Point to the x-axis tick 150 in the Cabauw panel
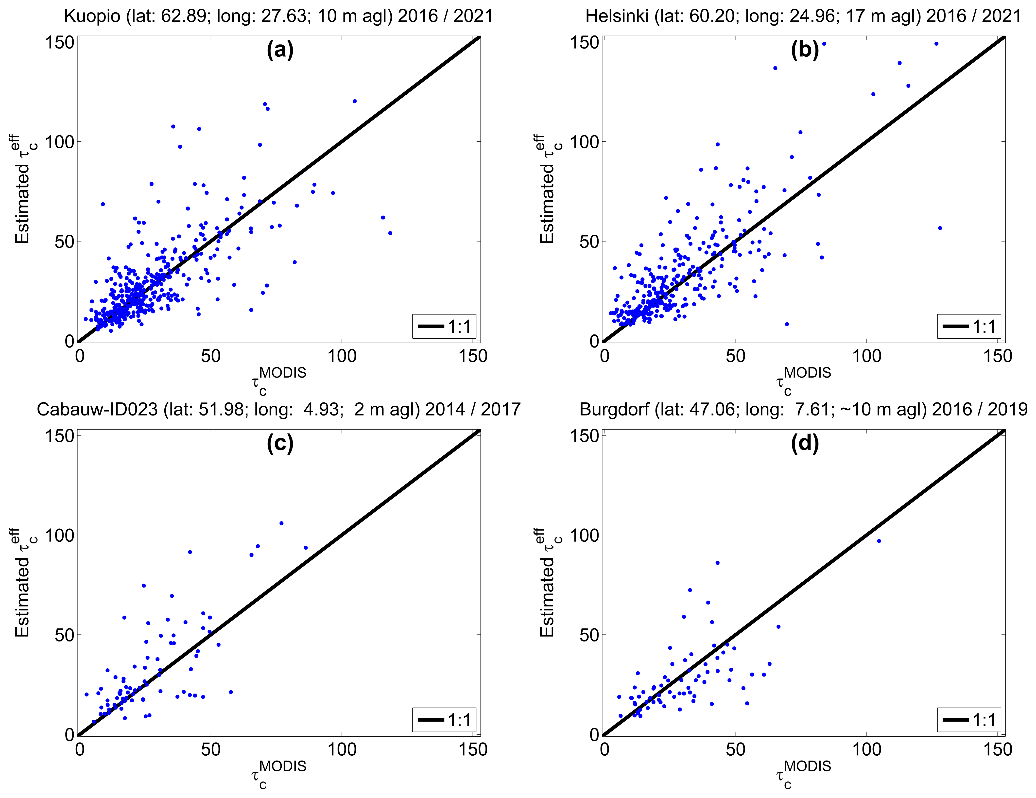point(473,750)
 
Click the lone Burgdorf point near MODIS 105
point(879,541)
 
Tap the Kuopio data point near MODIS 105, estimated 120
point(354,101)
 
